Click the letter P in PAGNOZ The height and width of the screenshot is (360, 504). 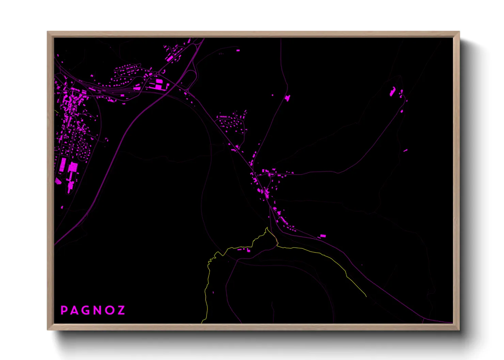(x=64, y=310)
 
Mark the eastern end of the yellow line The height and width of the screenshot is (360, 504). (x=366, y=297)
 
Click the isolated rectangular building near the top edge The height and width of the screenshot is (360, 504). (x=238, y=50)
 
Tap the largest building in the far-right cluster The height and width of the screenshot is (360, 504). (x=393, y=92)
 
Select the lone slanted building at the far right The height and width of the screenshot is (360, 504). (x=405, y=150)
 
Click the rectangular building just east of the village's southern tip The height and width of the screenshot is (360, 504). (x=322, y=236)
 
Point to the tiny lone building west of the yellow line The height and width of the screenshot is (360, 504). (x=214, y=292)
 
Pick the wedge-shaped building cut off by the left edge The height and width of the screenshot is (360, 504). (x=58, y=181)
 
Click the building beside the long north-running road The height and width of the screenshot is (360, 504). (x=288, y=98)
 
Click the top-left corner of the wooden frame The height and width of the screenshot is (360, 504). (x=48, y=32)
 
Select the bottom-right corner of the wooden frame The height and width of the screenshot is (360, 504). (x=459, y=329)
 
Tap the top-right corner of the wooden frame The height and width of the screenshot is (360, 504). (x=459, y=32)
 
